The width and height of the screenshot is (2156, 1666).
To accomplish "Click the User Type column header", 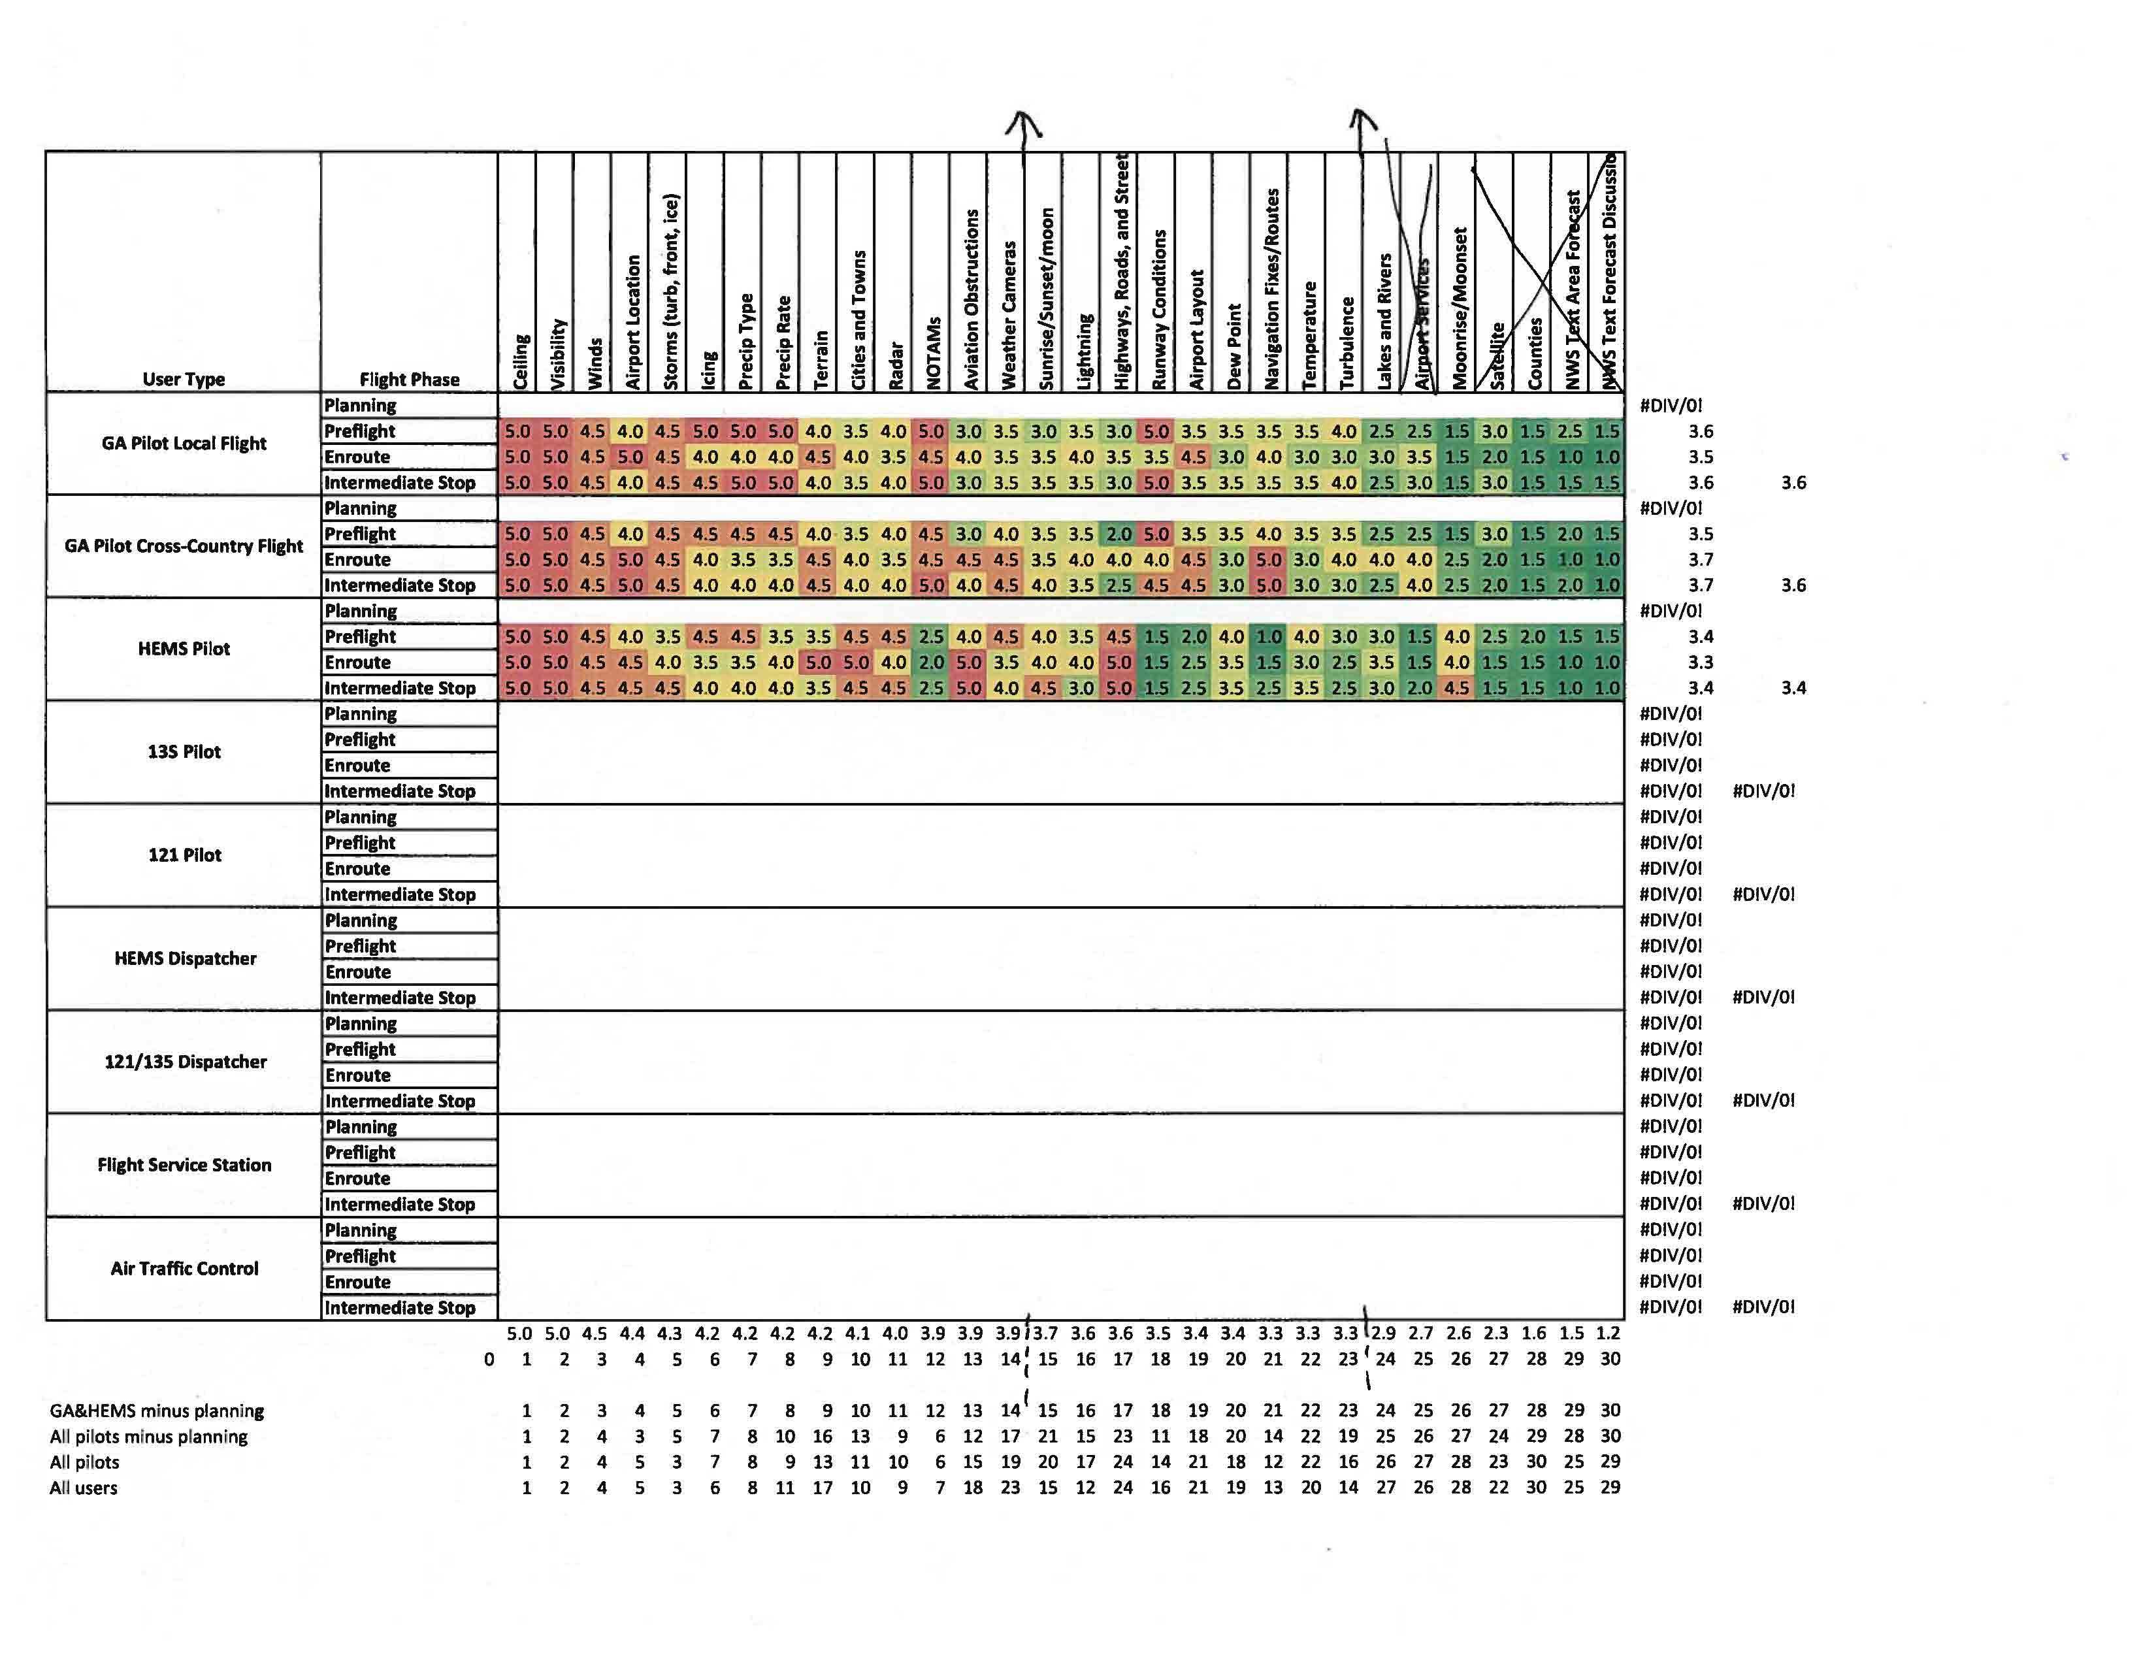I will [x=184, y=379].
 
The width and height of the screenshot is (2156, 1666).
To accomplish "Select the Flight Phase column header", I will [x=409, y=379].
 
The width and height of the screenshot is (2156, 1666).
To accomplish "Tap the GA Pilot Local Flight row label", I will [x=184, y=443].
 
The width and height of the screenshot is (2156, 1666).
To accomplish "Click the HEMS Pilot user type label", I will [x=184, y=649].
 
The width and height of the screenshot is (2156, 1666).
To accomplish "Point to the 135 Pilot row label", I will [x=184, y=752].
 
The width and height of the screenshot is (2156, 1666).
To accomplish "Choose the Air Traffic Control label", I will [x=184, y=1268].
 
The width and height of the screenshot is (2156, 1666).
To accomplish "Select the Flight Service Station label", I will [x=184, y=1165].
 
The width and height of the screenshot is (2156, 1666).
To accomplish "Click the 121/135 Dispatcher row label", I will [x=186, y=1062].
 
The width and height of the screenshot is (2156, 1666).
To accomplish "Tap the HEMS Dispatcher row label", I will [x=186, y=958].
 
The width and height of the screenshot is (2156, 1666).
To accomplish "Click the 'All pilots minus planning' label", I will [x=149, y=1436].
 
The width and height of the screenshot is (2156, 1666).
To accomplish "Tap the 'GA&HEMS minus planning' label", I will [x=157, y=1411].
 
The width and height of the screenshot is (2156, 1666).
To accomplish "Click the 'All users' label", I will [x=84, y=1488].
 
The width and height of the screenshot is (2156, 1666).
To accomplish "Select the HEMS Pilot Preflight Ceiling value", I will [x=517, y=636].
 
